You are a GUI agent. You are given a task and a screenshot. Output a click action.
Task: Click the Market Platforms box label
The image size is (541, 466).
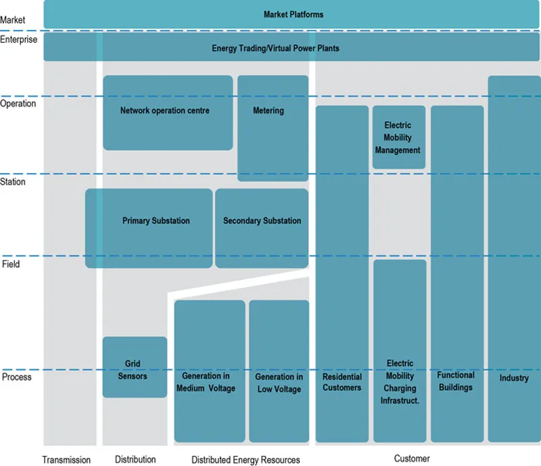(293, 14)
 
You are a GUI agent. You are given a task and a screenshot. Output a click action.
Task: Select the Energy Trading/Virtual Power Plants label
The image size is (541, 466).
(275, 49)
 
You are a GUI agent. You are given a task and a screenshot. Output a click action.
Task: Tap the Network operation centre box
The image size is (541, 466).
(165, 111)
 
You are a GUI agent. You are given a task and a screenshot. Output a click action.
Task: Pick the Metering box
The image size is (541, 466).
(268, 111)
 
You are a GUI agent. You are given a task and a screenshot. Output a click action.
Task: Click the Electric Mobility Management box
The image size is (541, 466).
(398, 138)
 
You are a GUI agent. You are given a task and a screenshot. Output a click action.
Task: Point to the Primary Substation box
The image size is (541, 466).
(156, 221)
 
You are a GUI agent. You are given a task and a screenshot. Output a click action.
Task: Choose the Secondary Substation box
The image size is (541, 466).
(262, 221)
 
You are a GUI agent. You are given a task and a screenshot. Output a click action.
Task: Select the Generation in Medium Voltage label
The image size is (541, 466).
(206, 382)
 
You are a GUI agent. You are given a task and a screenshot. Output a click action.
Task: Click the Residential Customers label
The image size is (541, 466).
(342, 382)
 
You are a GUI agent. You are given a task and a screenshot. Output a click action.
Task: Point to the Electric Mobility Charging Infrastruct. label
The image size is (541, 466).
(400, 382)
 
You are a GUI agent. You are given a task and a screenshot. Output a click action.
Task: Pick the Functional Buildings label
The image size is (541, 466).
(456, 381)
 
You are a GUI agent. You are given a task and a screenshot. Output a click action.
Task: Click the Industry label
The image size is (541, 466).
(514, 378)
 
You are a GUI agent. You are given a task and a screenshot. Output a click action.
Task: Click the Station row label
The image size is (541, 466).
(13, 182)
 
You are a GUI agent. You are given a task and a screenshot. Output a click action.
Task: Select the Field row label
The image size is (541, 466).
(11, 264)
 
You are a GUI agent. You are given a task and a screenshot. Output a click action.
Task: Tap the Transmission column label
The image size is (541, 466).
(66, 460)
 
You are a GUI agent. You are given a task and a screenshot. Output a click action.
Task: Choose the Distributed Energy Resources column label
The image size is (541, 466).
(245, 460)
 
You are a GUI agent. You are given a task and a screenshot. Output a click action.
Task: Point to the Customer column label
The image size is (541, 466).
(412, 459)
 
